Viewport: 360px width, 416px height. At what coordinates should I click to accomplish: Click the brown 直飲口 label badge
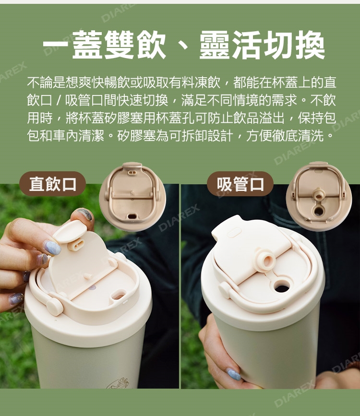pos(53,184)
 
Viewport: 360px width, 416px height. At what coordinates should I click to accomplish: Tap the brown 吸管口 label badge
pos(240,184)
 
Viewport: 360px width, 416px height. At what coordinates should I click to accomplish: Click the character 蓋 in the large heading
pos(88,45)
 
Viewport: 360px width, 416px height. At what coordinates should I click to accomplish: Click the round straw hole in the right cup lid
pos(281,286)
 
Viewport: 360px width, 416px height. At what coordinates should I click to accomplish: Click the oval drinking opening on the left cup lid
pos(118,295)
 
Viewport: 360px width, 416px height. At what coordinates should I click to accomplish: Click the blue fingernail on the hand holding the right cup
pos(234,374)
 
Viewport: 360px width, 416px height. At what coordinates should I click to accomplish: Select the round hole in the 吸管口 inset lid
pos(319,211)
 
